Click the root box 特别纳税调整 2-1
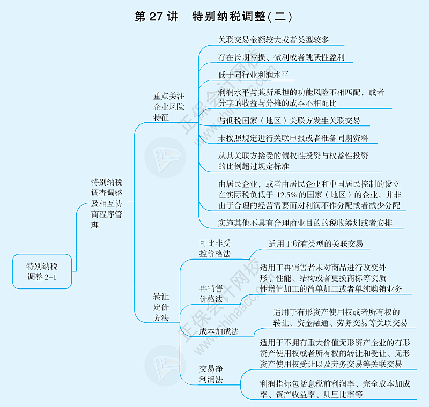[42, 271]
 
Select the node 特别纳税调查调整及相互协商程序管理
[106, 204]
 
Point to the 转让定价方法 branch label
[161, 307]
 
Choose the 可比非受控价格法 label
[214, 248]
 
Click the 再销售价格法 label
[211, 294]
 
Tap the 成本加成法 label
[218, 331]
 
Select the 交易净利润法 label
[211, 374]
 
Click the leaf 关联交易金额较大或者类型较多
[273, 39]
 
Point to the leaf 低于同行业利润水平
[253, 75]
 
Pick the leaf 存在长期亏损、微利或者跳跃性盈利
[281, 57]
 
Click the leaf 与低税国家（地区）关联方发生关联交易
[289, 120]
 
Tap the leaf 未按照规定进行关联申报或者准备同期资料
[293, 138]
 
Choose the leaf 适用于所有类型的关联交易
[315, 243]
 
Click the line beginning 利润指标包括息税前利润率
[335, 384]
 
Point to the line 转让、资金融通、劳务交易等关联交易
[340, 323]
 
